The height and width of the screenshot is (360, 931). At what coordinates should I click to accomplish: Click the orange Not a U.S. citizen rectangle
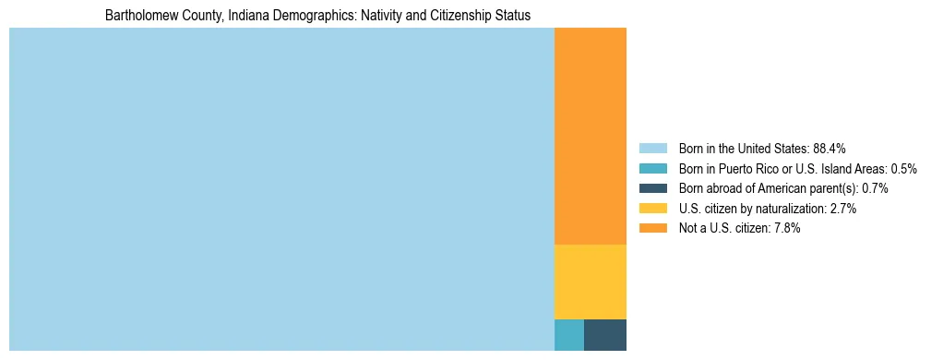[590, 136]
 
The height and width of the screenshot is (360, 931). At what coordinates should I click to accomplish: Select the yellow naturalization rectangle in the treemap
[590, 282]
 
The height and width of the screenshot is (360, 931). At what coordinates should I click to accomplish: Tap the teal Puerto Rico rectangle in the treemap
[568, 334]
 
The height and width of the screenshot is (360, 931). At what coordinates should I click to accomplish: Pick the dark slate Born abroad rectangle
[604, 334]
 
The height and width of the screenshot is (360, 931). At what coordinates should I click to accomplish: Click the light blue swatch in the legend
[652, 149]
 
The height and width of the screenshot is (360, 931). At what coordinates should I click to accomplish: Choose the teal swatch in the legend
[652, 169]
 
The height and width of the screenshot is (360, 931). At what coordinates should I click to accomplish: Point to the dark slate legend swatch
[652, 188]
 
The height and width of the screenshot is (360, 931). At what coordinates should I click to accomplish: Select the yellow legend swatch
[652, 209]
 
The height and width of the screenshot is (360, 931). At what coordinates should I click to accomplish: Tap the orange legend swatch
[652, 228]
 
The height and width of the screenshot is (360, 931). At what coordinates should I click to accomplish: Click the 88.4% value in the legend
[830, 149]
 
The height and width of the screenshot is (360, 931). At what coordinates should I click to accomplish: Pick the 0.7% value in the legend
[875, 188]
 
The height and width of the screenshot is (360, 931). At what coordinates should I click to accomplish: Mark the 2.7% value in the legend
[843, 209]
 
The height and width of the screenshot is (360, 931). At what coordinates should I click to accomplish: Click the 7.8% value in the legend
[787, 228]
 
